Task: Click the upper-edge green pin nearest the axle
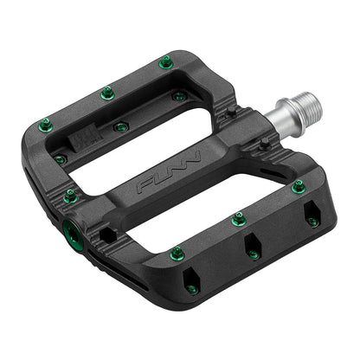[165, 62]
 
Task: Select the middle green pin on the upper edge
[107, 92]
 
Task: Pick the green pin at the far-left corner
[45, 126]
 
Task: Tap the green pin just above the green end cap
[70, 198]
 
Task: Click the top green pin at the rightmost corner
[299, 185]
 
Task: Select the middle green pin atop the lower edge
[240, 220]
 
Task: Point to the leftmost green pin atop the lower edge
[177, 252]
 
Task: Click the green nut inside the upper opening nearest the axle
[178, 96]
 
